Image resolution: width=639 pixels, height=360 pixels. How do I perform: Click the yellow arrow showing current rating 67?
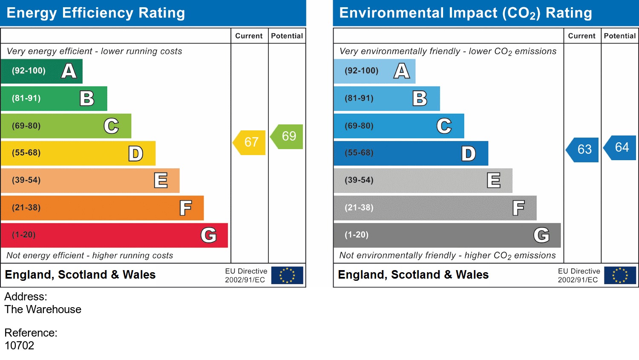(250, 142)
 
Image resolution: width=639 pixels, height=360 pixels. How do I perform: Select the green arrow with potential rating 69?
(288, 136)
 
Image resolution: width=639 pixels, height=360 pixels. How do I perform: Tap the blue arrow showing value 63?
(583, 150)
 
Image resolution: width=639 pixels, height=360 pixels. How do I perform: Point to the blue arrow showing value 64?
(621, 147)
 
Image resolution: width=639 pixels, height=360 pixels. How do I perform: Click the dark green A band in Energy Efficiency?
(41, 71)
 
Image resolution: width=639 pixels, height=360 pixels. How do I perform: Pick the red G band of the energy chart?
(114, 235)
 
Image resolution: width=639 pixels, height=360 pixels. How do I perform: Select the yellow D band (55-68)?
(78, 153)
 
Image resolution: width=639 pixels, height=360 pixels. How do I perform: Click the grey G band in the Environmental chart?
(447, 235)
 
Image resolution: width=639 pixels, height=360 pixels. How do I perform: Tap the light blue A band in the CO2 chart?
(374, 71)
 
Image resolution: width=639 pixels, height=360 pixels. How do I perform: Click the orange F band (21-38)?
(102, 208)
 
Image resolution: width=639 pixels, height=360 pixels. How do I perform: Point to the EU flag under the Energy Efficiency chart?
(287, 275)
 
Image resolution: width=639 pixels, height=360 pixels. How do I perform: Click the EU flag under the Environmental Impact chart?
(620, 275)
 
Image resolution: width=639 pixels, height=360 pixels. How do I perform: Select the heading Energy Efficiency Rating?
(96, 13)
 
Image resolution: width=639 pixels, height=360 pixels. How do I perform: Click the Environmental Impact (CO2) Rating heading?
(465, 13)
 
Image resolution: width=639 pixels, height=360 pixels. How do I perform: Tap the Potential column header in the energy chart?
(287, 36)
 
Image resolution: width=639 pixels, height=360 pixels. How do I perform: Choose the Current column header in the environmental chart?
(581, 36)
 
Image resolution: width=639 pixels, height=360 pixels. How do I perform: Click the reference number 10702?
(19, 346)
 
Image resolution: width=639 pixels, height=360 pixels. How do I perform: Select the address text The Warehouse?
(43, 309)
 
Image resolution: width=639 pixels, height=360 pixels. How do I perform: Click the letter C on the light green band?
(111, 126)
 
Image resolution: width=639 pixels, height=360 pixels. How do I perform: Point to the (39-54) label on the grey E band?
(359, 180)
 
